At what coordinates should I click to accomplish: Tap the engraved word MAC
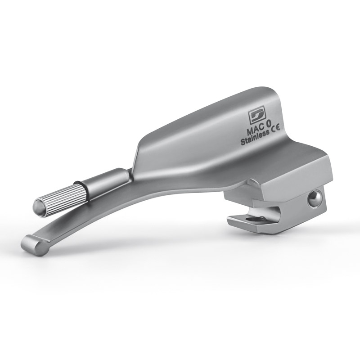tap(255, 132)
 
